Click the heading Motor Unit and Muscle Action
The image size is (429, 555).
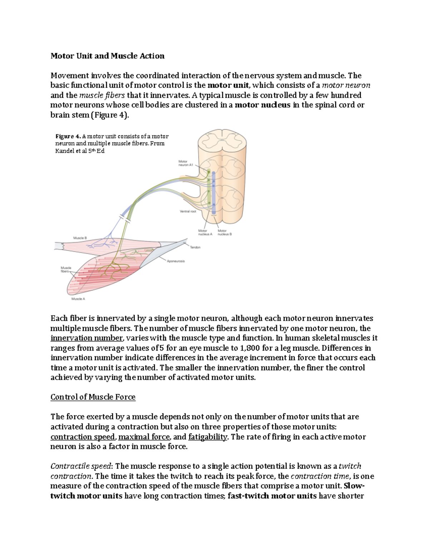107,56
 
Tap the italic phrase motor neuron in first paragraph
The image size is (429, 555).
346,85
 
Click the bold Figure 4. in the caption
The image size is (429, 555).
68,136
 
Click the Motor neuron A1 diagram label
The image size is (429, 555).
186,163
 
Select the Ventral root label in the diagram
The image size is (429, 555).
188,211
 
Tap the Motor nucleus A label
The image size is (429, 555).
205,233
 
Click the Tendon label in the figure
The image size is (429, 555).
195,247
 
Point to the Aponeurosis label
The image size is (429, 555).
176,261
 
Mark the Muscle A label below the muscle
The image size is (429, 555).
78,299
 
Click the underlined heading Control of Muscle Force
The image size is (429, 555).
93,397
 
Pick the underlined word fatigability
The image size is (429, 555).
208,437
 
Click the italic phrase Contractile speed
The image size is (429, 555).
81,466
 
